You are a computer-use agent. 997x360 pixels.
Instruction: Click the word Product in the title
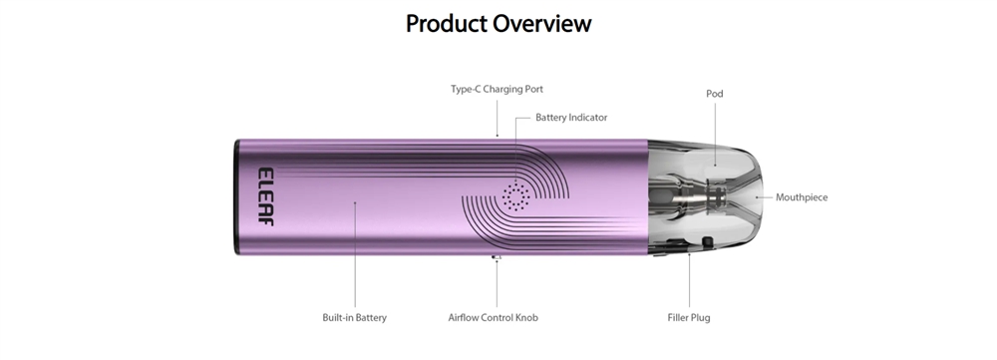(447, 24)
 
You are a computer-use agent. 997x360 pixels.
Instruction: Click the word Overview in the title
(542, 24)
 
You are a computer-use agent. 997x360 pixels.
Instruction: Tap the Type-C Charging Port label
(497, 89)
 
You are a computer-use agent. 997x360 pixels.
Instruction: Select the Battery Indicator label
(571, 118)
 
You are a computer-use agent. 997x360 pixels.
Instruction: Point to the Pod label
(715, 94)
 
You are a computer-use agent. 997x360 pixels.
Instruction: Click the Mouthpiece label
(802, 197)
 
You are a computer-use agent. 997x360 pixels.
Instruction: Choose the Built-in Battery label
(354, 317)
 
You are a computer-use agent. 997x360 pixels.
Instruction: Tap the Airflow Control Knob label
(493, 317)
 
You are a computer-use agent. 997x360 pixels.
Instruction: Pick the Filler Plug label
(689, 317)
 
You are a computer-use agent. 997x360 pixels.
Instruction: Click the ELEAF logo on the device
(266, 196)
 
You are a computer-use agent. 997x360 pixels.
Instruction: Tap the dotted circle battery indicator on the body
(516, 196)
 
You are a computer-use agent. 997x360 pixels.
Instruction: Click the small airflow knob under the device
(497, 257)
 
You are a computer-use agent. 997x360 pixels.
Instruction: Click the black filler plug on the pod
(707, 241)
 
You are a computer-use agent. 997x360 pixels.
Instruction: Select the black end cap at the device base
(237, 197)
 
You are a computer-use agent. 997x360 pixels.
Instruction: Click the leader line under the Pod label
(715, 134)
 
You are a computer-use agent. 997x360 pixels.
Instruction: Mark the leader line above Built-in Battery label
(355, 255)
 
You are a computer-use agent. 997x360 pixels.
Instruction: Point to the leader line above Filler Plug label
(689, 281)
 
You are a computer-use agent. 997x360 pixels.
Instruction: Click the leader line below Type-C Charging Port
(498, 118)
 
